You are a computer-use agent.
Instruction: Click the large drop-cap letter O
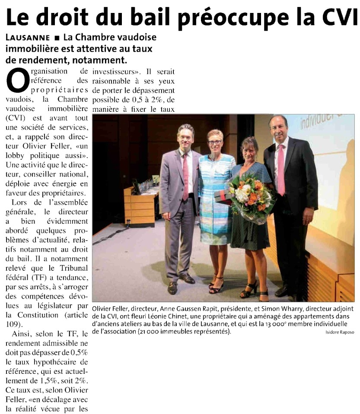pos(17,81)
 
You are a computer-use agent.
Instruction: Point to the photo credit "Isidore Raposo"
pos(339,332)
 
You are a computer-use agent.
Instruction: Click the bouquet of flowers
pos(250,196)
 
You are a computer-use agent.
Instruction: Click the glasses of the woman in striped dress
pos(214,142)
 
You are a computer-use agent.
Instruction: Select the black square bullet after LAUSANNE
pos(57,38)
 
